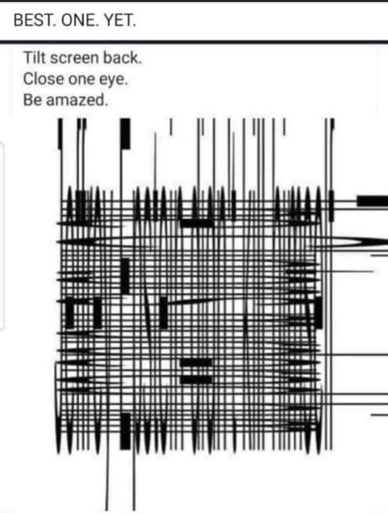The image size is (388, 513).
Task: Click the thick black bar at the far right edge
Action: [x=372, y=200]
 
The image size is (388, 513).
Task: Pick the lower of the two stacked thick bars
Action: [x=196, y=379]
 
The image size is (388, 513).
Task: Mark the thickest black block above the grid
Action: [x=125, y=134]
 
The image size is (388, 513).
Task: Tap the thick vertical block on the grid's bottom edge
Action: [x=125, y=431]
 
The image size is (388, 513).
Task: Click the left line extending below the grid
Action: [x=107, y=481]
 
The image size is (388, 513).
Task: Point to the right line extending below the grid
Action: [x=133, y=481]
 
